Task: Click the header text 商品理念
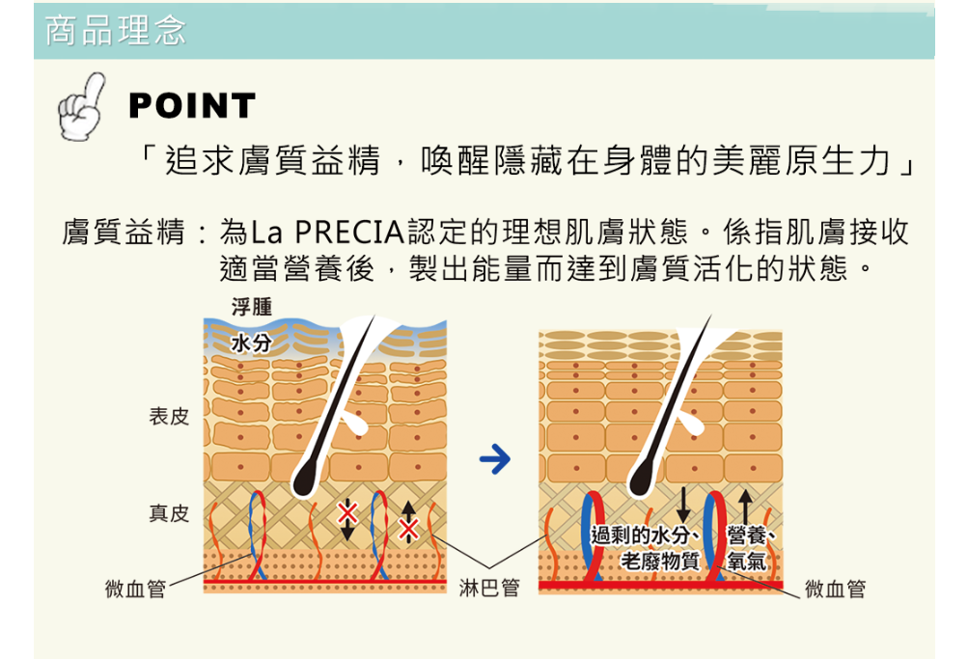pos(115,31)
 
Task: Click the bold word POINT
pos(192,106)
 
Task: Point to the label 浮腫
pos(252,307)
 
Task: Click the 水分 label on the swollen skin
pos(252,343)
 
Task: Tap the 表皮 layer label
pos(169,417)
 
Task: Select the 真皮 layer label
pos(169,513)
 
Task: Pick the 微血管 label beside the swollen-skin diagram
pos(135,589)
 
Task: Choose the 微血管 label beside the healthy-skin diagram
pos(836,589)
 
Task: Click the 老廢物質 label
pos(660,560)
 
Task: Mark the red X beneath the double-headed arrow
pos(408,530)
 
